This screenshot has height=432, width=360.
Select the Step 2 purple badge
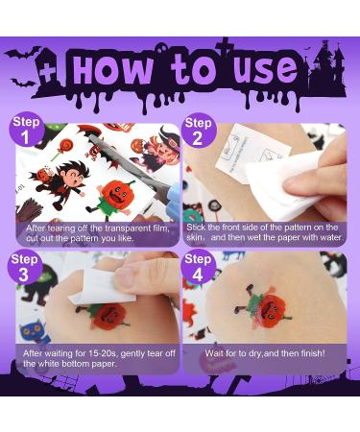199,132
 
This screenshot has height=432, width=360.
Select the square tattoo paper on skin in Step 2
239,155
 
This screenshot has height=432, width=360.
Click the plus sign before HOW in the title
49,72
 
